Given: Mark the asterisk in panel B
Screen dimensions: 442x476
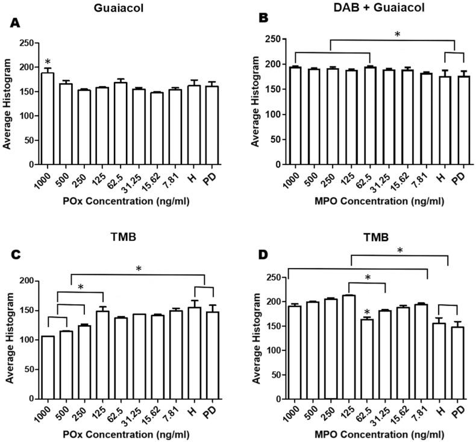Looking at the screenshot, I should pyautogui.click(x=396, y=35).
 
